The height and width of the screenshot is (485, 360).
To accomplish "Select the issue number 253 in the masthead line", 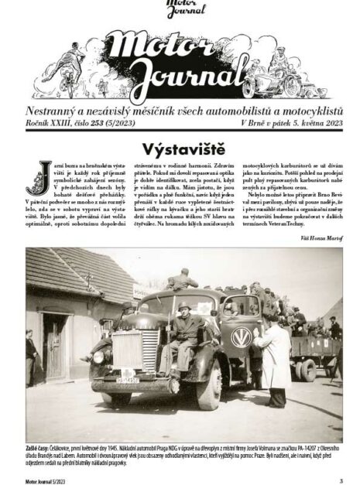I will (98, 123).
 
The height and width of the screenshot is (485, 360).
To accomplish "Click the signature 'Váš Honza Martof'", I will (320, 237).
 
